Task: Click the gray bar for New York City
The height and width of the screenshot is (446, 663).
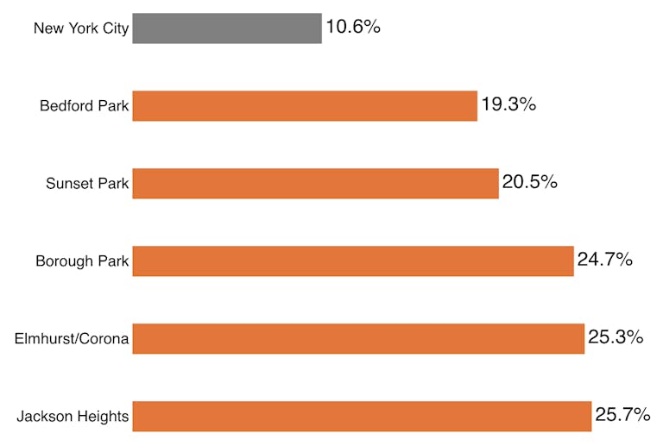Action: [x=227, y=28]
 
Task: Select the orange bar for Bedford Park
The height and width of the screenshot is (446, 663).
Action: [x=305, y=106]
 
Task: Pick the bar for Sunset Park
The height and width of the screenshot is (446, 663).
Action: [x=315, y=184]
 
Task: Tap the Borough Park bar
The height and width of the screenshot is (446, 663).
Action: [x=353, y=261]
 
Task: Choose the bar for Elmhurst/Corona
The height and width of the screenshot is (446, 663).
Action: [x=358, y=339]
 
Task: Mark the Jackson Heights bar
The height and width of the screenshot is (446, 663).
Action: [x=362, y=417]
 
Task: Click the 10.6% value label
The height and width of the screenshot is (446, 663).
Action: [x=353, y=27]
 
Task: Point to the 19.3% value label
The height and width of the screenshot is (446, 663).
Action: [x=508, y=104]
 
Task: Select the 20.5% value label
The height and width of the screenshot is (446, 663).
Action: [x=530, y=182]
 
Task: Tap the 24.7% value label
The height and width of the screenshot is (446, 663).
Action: [x=605, y=260]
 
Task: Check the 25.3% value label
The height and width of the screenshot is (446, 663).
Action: [x=616, y=337]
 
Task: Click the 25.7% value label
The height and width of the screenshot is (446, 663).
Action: [x=622, y=415]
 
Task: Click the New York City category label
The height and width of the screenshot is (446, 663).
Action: [x=81, y=28]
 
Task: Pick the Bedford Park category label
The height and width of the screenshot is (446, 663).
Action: [x=85, y=106]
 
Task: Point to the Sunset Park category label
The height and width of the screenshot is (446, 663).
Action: [x=87, y=184]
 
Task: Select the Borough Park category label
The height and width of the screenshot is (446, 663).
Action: [x=82, y=261]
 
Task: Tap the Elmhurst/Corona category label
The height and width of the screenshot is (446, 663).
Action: [x=72, y=339]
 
